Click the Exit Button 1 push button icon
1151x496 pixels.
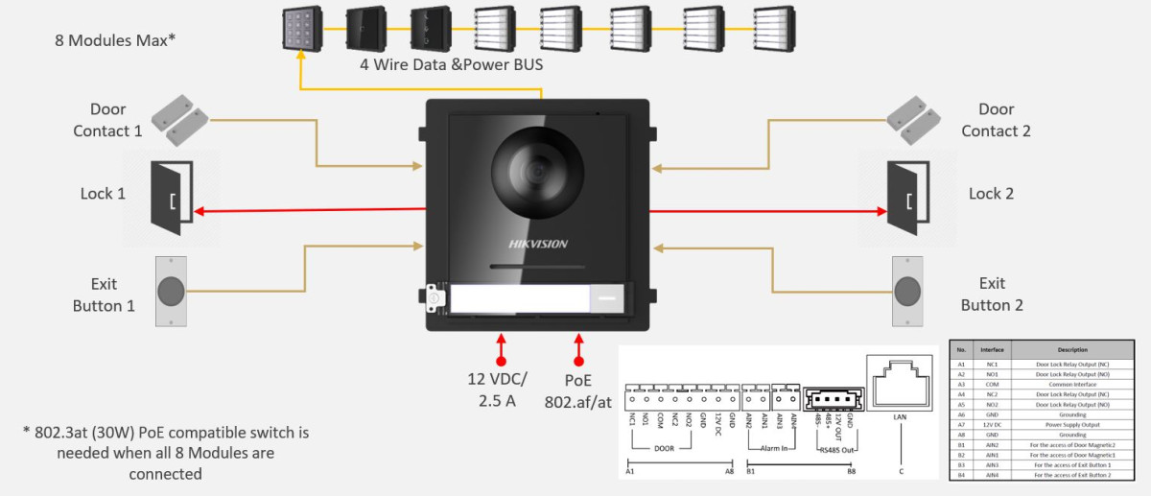point(171,291)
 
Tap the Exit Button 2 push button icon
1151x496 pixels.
point(908,291)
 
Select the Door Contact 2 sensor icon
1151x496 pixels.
point(917,119)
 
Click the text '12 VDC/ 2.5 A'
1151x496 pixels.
point(497,390)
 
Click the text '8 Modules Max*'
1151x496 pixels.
point(115,40)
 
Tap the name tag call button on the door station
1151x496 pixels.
point(536,299)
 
